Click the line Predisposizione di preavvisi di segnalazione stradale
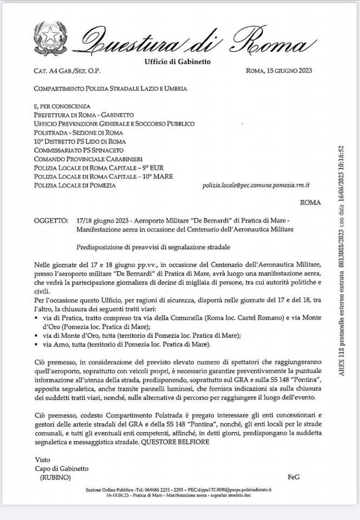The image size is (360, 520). coord(154,247)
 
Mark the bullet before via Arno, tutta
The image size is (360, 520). coord(36,344)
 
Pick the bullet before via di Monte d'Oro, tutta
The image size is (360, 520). coord(36,336)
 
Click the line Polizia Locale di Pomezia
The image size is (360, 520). coord(75,185)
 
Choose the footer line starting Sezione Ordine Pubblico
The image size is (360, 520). coord(179,489)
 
